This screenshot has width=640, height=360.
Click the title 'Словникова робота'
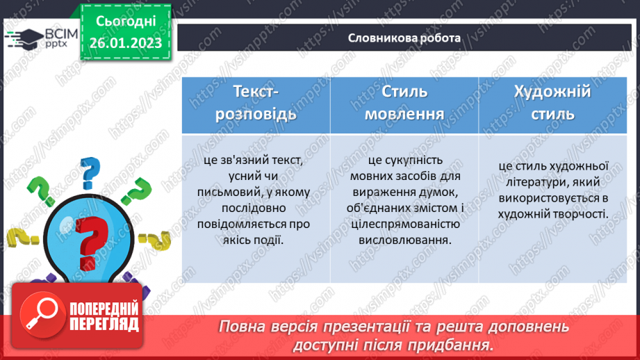pos(404,38)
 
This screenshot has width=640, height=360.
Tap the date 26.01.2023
pos(124,42)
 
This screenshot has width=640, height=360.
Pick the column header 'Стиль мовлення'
pos(404,103)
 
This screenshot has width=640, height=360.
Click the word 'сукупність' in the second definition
pos(424,161)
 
